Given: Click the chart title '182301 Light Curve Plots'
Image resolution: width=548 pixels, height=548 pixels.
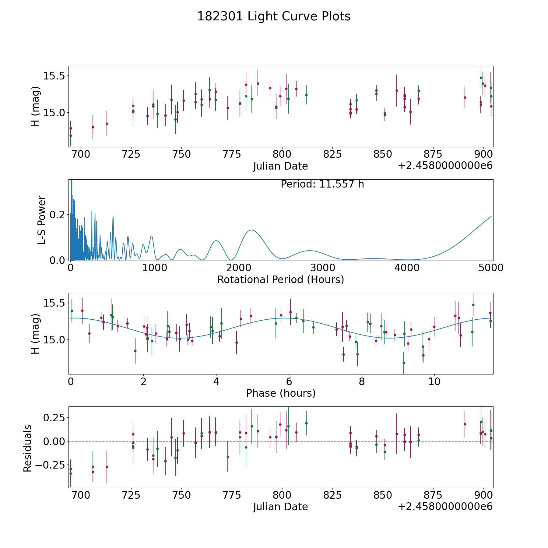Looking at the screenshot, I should pyautogui.click(x=274, y=16).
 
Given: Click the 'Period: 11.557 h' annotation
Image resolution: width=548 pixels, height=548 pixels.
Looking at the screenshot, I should pyautogui.click(x=322, y=184).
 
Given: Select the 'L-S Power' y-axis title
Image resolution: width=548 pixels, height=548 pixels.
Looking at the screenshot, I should pyautogui.click(x=42, y=220).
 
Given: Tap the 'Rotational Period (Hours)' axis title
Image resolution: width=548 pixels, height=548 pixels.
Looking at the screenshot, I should pyautogui.click(x=280, y=279).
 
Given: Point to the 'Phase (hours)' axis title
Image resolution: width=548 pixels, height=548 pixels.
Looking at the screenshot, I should pyautogui.click(x=281, y=393).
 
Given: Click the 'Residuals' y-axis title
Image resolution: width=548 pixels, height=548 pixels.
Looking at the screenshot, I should pyautogui.click(x=28, y=448).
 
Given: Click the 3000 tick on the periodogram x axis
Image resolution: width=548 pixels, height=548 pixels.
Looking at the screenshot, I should pyautogui.click(x=323, y=268).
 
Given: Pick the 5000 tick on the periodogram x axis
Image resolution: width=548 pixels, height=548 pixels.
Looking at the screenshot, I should pyautogui.click(x=491, y=268).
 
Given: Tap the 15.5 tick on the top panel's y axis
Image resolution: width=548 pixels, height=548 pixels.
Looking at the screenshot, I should pyautogui.click(x=54, y=76).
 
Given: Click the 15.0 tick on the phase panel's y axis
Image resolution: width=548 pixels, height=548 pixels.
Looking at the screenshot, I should pyautogui.click(x=54, y=340).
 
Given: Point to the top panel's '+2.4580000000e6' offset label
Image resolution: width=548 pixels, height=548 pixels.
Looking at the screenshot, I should pyautogui.click(x=445, y=166).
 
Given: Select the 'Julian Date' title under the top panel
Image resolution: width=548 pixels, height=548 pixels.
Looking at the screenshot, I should pyautogui.click(x=280, y=166).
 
